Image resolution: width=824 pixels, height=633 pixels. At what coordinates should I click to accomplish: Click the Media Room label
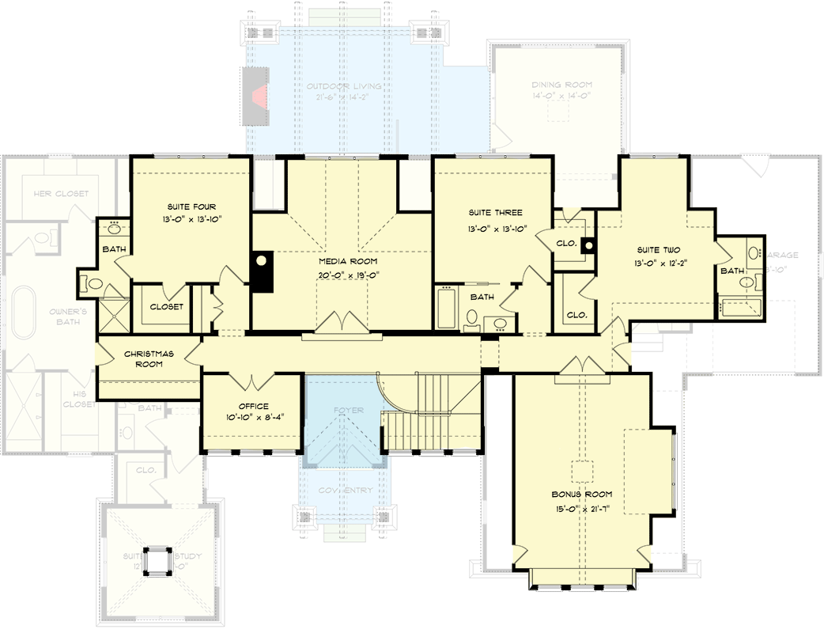[348, 261]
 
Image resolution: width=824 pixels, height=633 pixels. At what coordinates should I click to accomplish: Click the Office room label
[253, 407]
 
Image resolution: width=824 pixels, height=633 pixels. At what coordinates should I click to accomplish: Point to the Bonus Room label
[582, 495]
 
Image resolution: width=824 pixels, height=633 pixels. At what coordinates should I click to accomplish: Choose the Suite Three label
[495, 213]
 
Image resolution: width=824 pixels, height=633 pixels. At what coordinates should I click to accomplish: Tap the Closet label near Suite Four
[166, 306]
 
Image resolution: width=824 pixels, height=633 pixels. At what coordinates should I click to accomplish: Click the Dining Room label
[561, 85]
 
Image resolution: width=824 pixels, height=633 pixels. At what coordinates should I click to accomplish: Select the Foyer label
[348, 411]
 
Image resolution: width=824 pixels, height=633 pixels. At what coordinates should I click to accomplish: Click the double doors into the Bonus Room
[582, 366]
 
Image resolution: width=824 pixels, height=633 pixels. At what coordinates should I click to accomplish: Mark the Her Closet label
[61, 194]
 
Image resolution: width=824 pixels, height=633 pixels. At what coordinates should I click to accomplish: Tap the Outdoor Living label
[343, 86]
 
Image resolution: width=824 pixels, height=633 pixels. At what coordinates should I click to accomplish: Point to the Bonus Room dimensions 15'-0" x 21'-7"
[582, 509]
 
